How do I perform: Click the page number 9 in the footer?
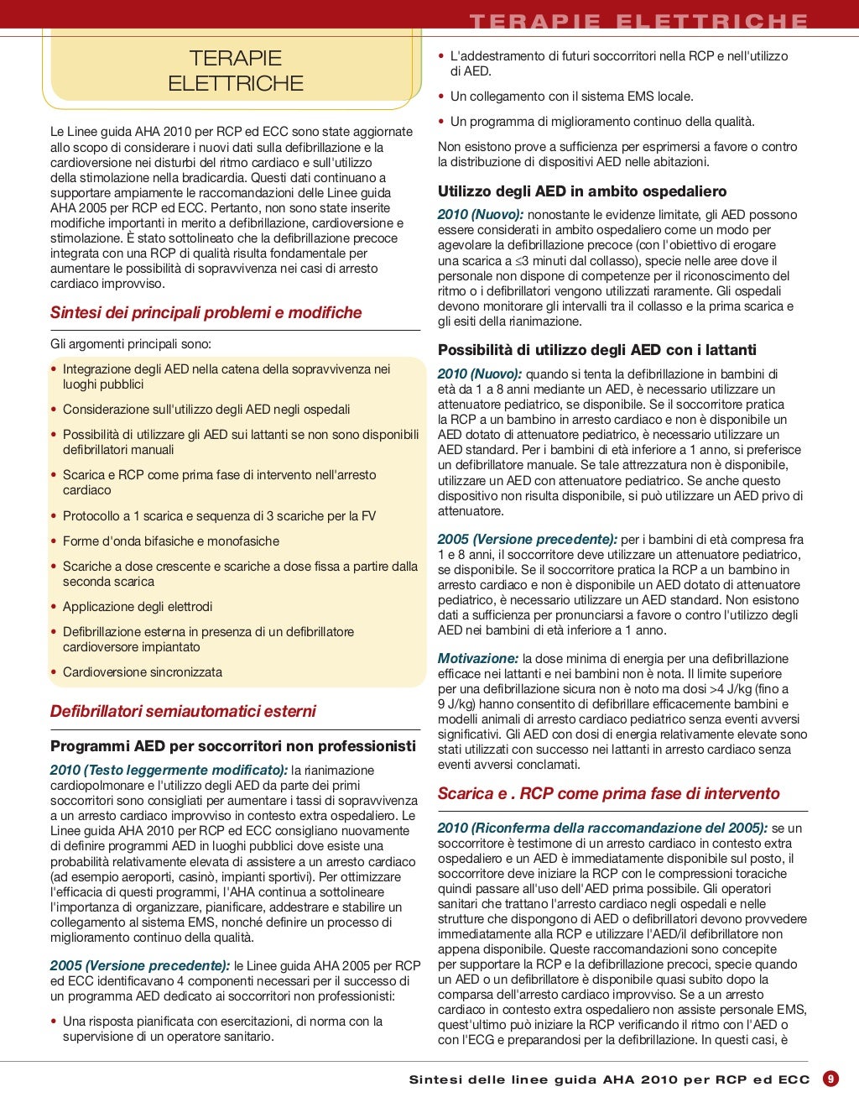click(x=830, y=1079)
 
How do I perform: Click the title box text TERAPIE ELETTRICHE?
click(x=236, y=71)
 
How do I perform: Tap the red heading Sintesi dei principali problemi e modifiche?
click(x=206, y=312)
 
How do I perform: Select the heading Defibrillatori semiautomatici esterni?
click(x=183, y=711)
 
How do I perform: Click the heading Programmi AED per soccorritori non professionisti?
click(x=233, y=746)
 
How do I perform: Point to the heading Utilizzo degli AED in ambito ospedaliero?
click(x=582, y=191)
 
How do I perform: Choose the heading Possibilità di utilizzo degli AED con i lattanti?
click(x=596, y=350)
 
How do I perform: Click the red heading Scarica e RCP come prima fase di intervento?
click(x=608, y=793)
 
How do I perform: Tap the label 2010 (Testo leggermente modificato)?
click(x=169, y=770)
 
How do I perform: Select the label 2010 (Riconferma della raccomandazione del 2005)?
click(x=602, y=828)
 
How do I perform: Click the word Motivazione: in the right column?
click(x=478, y=659)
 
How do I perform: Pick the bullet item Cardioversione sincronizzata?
click(x=143, y=672)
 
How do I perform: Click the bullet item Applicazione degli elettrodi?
click(x=138, y=607)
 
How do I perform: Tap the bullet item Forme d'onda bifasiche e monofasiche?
click(x=171, y=541)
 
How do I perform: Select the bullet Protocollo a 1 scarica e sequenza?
click(x=219, y=516)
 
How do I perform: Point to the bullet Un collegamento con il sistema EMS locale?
click(x=571, y=97)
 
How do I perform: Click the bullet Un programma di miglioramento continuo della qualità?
click(x=601, y=122)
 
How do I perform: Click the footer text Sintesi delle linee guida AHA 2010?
click(x=609, y=1079)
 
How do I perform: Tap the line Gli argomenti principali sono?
click(x=131, y=344)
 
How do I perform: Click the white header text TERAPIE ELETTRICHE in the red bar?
click(x=638, y=21)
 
